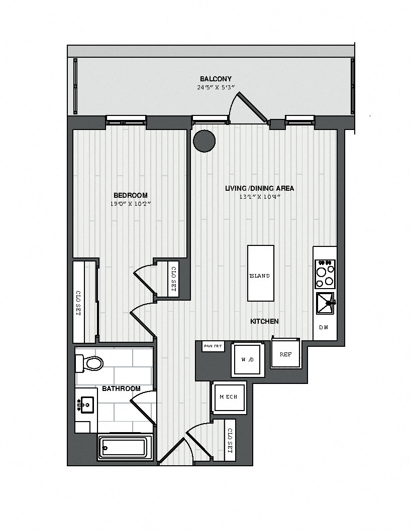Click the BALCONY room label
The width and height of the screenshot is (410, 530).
pos(216,79)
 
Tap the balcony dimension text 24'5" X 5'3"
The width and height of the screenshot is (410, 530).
pos(216,87)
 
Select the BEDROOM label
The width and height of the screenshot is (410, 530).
pos(130,195)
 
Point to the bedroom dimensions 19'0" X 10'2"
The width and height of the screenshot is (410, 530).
pos(130,204)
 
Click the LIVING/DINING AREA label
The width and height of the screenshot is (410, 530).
pos(259,188)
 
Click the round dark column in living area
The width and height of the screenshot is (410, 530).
pos(204,141)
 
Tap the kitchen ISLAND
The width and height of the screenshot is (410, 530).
pos(260,273)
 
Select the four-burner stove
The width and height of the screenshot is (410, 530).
pos(325,274)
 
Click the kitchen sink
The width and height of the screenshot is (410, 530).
pos(325,304)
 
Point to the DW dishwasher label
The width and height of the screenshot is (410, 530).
pos(324,327)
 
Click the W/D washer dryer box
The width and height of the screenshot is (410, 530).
pos(248,359)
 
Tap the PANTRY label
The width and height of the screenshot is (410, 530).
pos(213,346)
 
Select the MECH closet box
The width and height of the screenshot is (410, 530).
pos(228,397)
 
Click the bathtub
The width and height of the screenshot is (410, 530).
pos(122,448)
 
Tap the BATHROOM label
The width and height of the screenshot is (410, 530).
pos(121,388)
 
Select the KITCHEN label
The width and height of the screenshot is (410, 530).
pos(264,321)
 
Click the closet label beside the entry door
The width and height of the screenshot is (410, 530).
pos(230,441)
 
